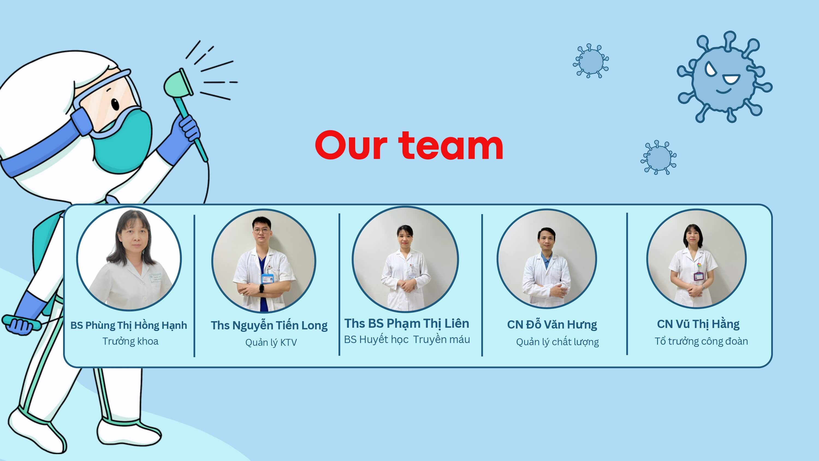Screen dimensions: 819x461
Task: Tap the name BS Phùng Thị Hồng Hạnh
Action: coord(129,326)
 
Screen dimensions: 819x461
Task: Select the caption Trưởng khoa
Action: coord(130,341)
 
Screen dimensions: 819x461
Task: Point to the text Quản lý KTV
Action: coord(271,342)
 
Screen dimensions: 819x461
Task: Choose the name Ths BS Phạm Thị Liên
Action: coord(407,324)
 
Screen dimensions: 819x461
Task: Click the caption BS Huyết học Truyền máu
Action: coord(407,339)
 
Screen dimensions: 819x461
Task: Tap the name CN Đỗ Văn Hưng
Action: coord(552,325)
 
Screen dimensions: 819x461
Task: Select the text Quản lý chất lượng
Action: coord(557,342)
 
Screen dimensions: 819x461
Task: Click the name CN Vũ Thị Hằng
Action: coord(698,324)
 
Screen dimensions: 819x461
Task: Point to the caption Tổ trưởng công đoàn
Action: coord(701,341)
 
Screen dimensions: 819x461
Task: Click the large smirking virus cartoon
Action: coord(725,77)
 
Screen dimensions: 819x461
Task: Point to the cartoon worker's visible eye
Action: coord(115,104)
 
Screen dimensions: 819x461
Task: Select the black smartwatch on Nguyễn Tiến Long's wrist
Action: coord(261,288)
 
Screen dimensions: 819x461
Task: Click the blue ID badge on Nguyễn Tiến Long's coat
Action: coord(266,278)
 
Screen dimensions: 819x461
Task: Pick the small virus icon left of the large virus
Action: coord(591,61)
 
